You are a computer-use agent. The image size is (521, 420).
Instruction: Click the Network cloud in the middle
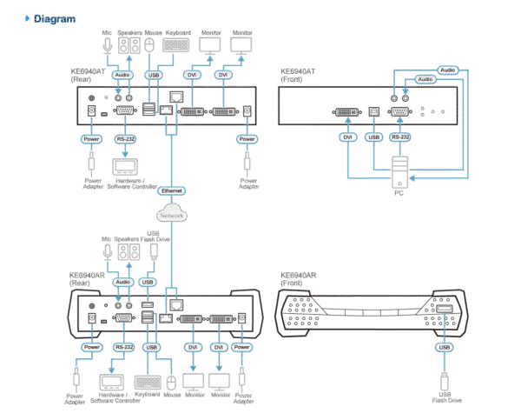coord(170,213)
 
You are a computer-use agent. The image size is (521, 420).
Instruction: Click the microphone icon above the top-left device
coord(106,44)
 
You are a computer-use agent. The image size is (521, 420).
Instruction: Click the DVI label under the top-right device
coord(346,137)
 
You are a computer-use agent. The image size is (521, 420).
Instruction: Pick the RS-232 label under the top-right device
coord(400,137)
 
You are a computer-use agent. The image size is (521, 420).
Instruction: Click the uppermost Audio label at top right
coord(446,69)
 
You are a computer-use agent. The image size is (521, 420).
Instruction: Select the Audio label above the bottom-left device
coord(122,282)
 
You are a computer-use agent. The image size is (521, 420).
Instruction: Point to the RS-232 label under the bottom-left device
coord(122,346)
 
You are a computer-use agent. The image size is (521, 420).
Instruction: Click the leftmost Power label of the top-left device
coord(91,138)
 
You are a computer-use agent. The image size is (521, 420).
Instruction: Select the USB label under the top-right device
coord(374,137)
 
